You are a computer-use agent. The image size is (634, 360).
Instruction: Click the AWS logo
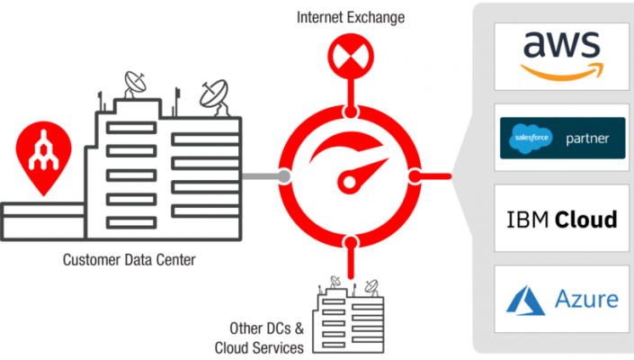pos(562,56)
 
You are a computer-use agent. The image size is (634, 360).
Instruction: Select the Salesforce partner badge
pos(562,138)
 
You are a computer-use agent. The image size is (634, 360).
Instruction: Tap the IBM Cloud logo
pos(562,220)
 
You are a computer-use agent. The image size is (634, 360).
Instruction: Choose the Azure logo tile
pos(562,299)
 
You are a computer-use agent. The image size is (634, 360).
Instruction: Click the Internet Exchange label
pos(351,17)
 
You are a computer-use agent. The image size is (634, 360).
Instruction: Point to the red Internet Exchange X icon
pos(351,56)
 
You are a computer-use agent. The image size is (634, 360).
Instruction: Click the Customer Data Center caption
pos(129,260)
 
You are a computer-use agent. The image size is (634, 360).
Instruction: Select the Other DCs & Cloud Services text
pos(259,338)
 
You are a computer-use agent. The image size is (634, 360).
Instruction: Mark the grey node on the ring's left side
pos(284,176)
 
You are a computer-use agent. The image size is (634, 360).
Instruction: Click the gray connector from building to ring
pos(261,176)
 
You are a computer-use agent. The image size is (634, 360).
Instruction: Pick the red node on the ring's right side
pos(415,176)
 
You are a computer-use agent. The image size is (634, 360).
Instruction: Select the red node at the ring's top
pos(351,112)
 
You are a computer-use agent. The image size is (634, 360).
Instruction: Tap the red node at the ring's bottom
pos(351,242)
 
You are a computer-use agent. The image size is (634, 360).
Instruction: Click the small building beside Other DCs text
pos(349,315)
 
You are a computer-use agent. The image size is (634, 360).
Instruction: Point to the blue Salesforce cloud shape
pos(531,139)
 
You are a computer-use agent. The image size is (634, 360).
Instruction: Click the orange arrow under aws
pos(562,72)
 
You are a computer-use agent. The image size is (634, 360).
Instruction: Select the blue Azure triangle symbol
pos(525,300)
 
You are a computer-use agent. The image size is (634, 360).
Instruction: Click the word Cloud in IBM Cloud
pos(585,220)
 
